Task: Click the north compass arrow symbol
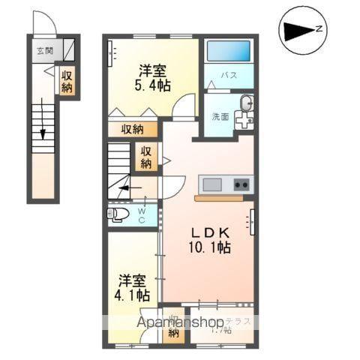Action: click(x=301, y=31)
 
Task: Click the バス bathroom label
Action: click(x=228, y=76)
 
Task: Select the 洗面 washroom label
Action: click(x=219, y=116)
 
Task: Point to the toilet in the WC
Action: click(x=119, y=215)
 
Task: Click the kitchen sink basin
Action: click(x=211, y=184)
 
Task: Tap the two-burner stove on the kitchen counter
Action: click(x=241, y=184)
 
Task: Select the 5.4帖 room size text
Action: click(x=153, y=85)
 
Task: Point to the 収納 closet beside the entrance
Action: click(x=67, y=82)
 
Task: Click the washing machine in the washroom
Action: click(x=243, y=118)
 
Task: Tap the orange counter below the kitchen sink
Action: click(x=218, y=199)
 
